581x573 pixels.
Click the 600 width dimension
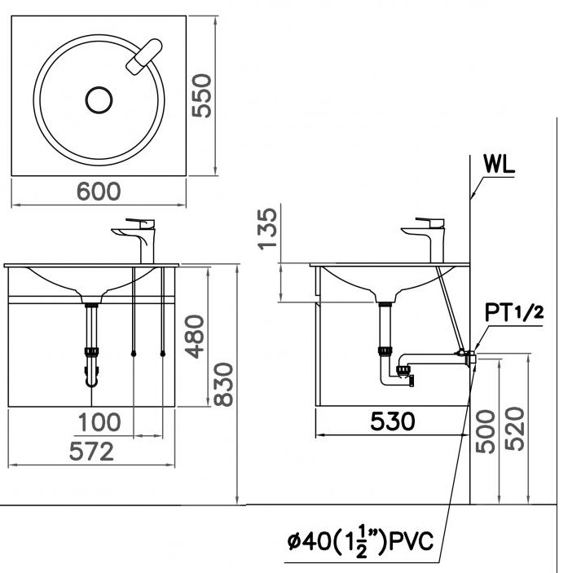pos(99,192)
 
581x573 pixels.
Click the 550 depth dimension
pos(201,95)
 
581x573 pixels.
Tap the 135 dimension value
pos(268,229)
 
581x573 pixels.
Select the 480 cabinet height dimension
pos(195,337)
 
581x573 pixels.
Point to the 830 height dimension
pos(224,385)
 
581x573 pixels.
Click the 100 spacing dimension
pos(99,422)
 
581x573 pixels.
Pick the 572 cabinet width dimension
pos(91,452)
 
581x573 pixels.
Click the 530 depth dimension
pos(393,421)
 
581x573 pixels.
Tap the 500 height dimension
pos(486,431)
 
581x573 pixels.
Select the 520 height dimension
pos(515,429)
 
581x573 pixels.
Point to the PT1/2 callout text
pos(514,312)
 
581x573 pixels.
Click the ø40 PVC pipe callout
pos(360,541)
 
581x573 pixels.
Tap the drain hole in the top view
pos(99,100)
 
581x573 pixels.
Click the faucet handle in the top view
pos(144,57)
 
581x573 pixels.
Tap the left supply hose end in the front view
pos(134,355)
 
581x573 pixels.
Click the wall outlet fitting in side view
pos(472,357)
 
